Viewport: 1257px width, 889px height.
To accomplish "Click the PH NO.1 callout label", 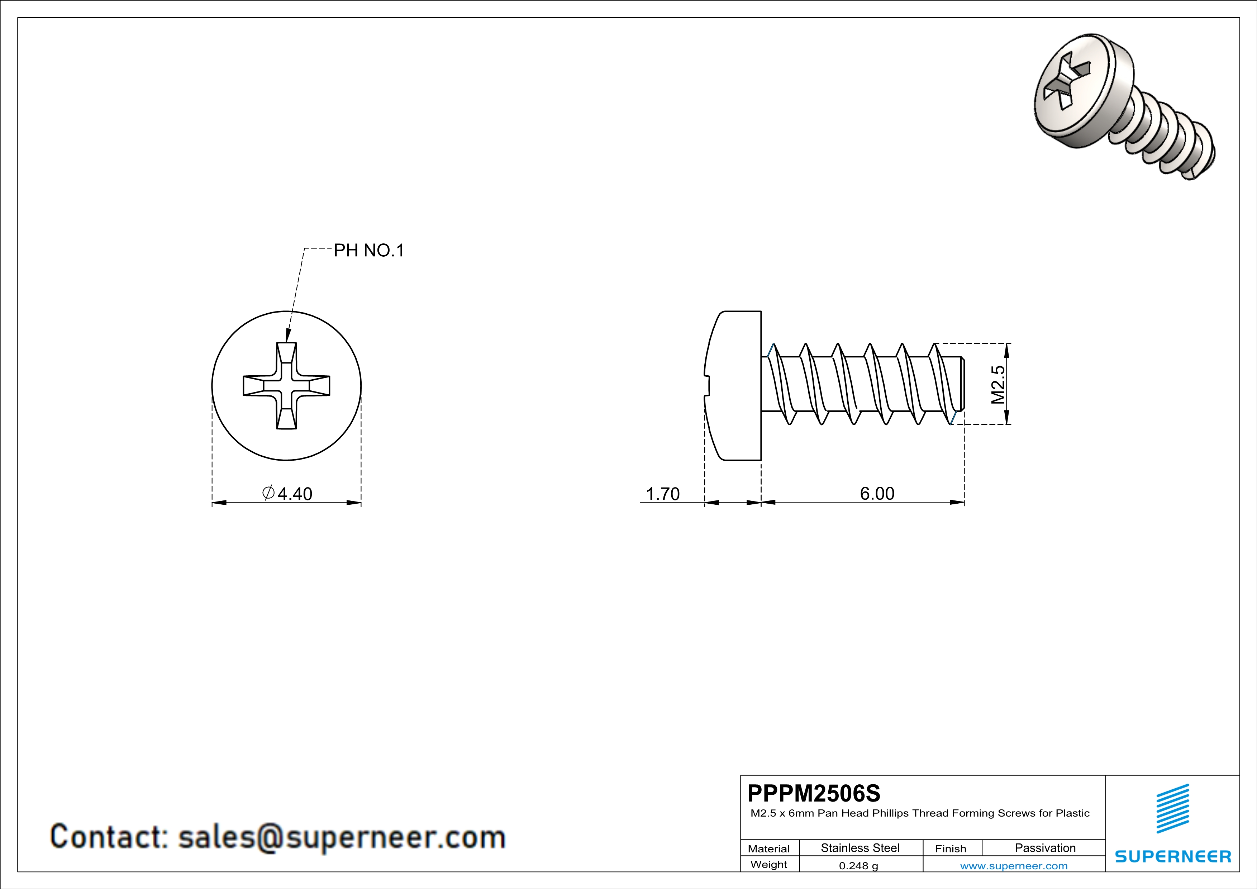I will tap(368, 251).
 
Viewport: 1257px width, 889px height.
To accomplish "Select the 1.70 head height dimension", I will tap(662, 494).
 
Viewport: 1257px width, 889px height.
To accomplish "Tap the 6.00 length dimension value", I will tap(876, 493).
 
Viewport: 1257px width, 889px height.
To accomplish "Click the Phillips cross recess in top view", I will tap(286, 386).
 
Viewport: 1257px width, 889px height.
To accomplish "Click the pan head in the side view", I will tap(734, 386).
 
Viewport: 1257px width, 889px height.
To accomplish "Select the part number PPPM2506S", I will tap(814, 793).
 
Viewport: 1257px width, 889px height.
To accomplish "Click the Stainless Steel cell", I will tap(860, 848).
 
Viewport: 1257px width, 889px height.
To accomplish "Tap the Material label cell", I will tap(769, 848).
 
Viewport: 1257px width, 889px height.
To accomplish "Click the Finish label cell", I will tap(951, 848).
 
